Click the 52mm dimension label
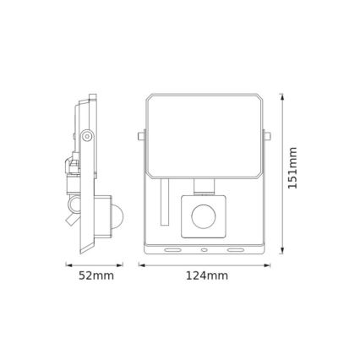click(90, 275)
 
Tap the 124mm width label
click(207, 275)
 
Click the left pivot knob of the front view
click(140, 134)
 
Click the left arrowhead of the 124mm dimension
click(141, 265)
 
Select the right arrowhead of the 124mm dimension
click(271, 265)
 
